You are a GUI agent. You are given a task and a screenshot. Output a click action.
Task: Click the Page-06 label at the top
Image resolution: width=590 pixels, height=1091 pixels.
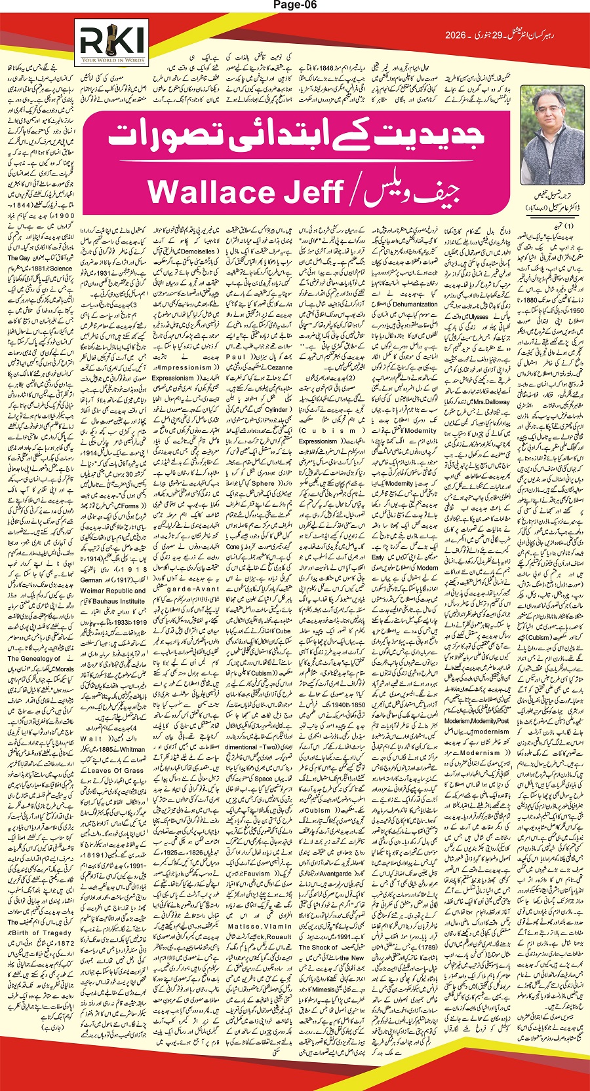click(x=294, y=7)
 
